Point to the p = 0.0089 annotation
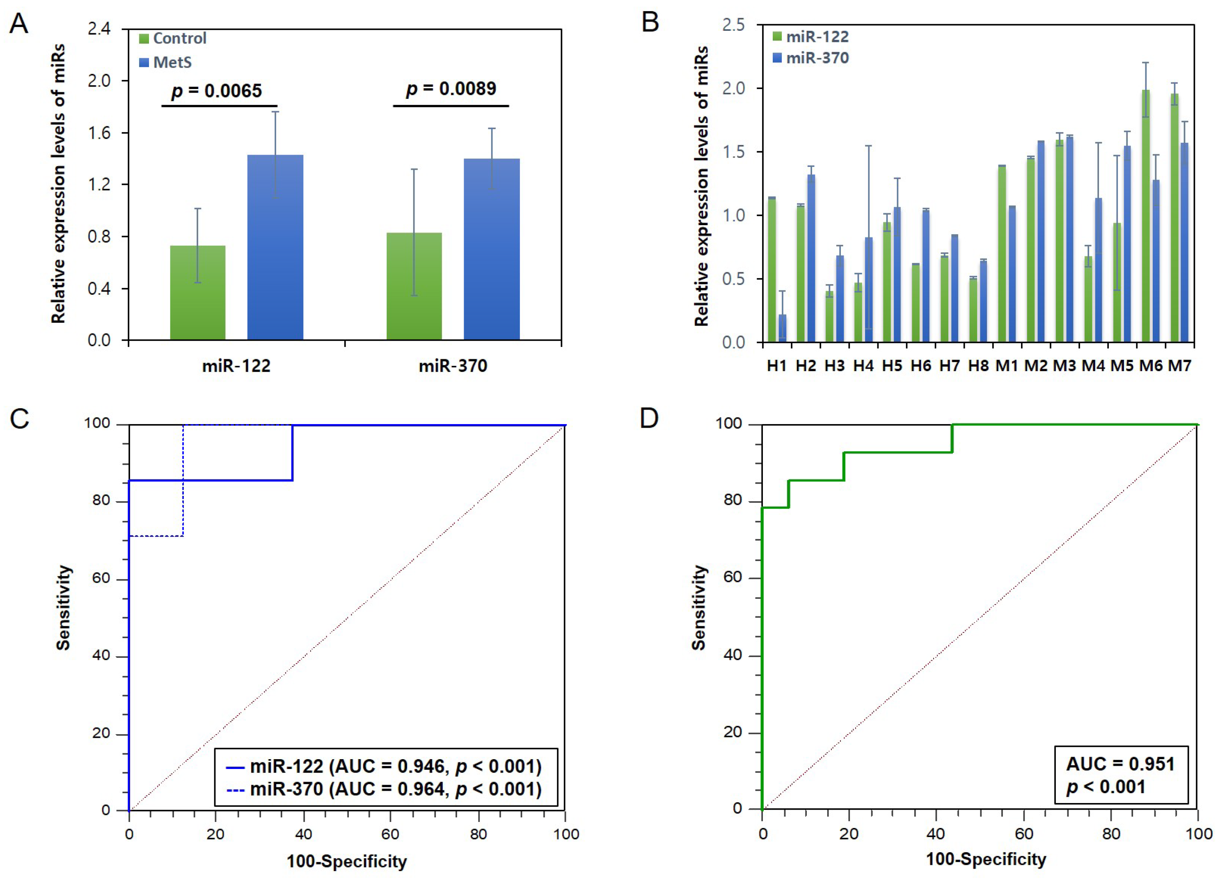pos(451,89)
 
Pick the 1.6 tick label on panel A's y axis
pos(99,132)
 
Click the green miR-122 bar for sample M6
pos(1145,216)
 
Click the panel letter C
pos(19,419)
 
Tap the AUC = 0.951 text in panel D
pos(1120,764)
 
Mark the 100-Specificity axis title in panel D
pos(986,859)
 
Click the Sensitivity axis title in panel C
pos(63,607)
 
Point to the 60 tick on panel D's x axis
pos(1023,834)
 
